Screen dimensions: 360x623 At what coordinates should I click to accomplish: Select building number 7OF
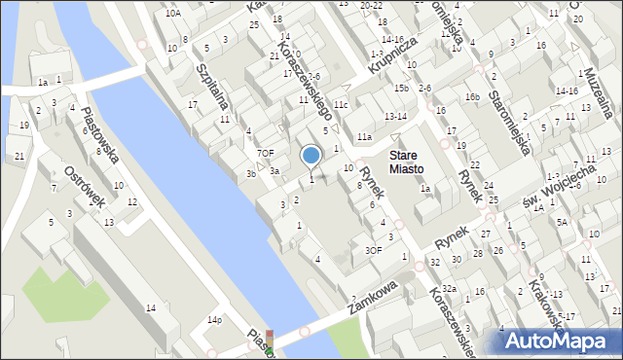(x=265, y=153)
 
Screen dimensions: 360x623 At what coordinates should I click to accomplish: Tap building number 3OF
(x=373, y=249)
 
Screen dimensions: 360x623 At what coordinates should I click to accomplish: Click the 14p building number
(x=215, y=319)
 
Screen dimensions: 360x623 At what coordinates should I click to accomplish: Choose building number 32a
(x=449, y=289)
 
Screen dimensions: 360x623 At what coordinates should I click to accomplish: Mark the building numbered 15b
(x=401, y=89)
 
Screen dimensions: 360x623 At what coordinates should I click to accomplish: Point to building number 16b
(x=472, y=96)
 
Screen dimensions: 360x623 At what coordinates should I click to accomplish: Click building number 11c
(x=340, y=105)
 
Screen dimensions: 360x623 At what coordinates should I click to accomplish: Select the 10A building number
(x=172, y=14)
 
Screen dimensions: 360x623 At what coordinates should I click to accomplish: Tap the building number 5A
(x=562, y=222)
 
